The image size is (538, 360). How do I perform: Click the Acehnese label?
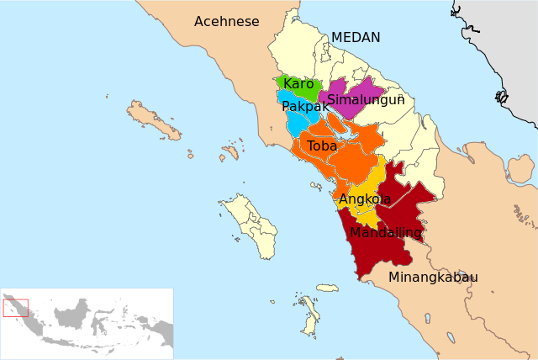click(x=226, y=22)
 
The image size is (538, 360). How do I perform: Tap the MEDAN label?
click(x=356, y=38)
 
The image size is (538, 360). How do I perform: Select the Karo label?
click(x=298, y=84)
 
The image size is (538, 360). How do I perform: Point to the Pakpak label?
click(x=305, y=107)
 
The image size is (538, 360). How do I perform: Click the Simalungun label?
click(x=366, y=100)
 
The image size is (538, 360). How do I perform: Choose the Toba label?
click(x=322, y=146)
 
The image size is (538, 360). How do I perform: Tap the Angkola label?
click(x=365, y=199)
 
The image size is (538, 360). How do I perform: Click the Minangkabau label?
click(x=433, y=278)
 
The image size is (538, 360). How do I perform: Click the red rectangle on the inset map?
click(x=16, y=308)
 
